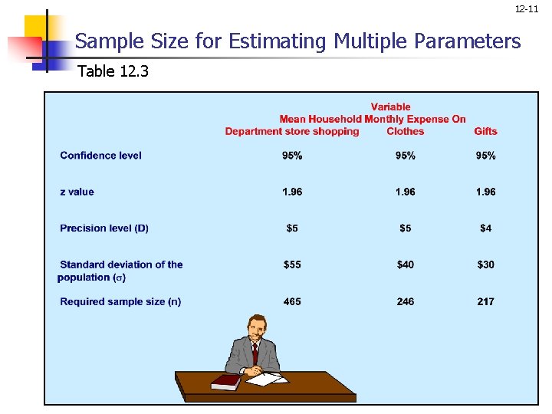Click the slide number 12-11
[x=527, y=9]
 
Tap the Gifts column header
[x=485, y=131]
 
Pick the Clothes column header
[x=405, y=131]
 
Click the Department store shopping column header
[x=292, y=131]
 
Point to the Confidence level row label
[x=100, y=156]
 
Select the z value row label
[x=77, y=192]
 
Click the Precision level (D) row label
[x=104, y=228]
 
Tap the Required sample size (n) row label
[x=120, y=301]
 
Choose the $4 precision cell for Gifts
[x=485, y=228]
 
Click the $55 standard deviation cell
[x=292, y=264]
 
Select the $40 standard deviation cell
[x=405, y=264]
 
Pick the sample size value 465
[x=292, y=301]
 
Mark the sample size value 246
[x=405, y=301]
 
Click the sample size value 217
[x=485, y=301]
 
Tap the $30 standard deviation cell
[x=485, y=264]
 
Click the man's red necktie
[x=255, y=353]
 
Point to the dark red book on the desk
[x=226, y=380]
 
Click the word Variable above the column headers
[x=390, y=107]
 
